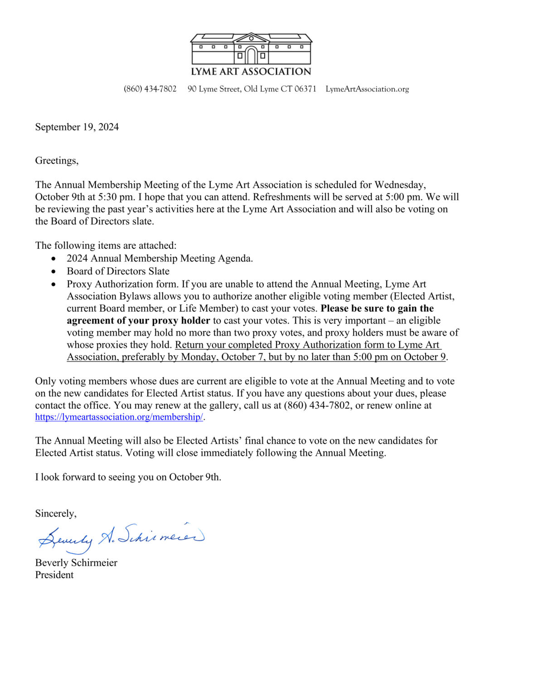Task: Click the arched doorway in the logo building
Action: click(251, 55)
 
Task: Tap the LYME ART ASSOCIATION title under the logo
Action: click(251, 72)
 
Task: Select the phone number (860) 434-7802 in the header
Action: click(150, 89)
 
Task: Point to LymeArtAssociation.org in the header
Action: click(367, 89)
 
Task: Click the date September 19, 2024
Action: click(77, 127)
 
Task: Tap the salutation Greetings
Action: click(57, 160)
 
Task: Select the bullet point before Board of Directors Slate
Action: click(54, 271)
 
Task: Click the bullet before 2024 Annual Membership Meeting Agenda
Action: click(54, 259)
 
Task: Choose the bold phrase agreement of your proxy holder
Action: click(138, 321)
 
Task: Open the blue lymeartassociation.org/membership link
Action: click(119, 417)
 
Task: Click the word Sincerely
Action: click(56, 513)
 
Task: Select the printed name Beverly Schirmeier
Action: click(76, 563)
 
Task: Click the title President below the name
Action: click(54, 575)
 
